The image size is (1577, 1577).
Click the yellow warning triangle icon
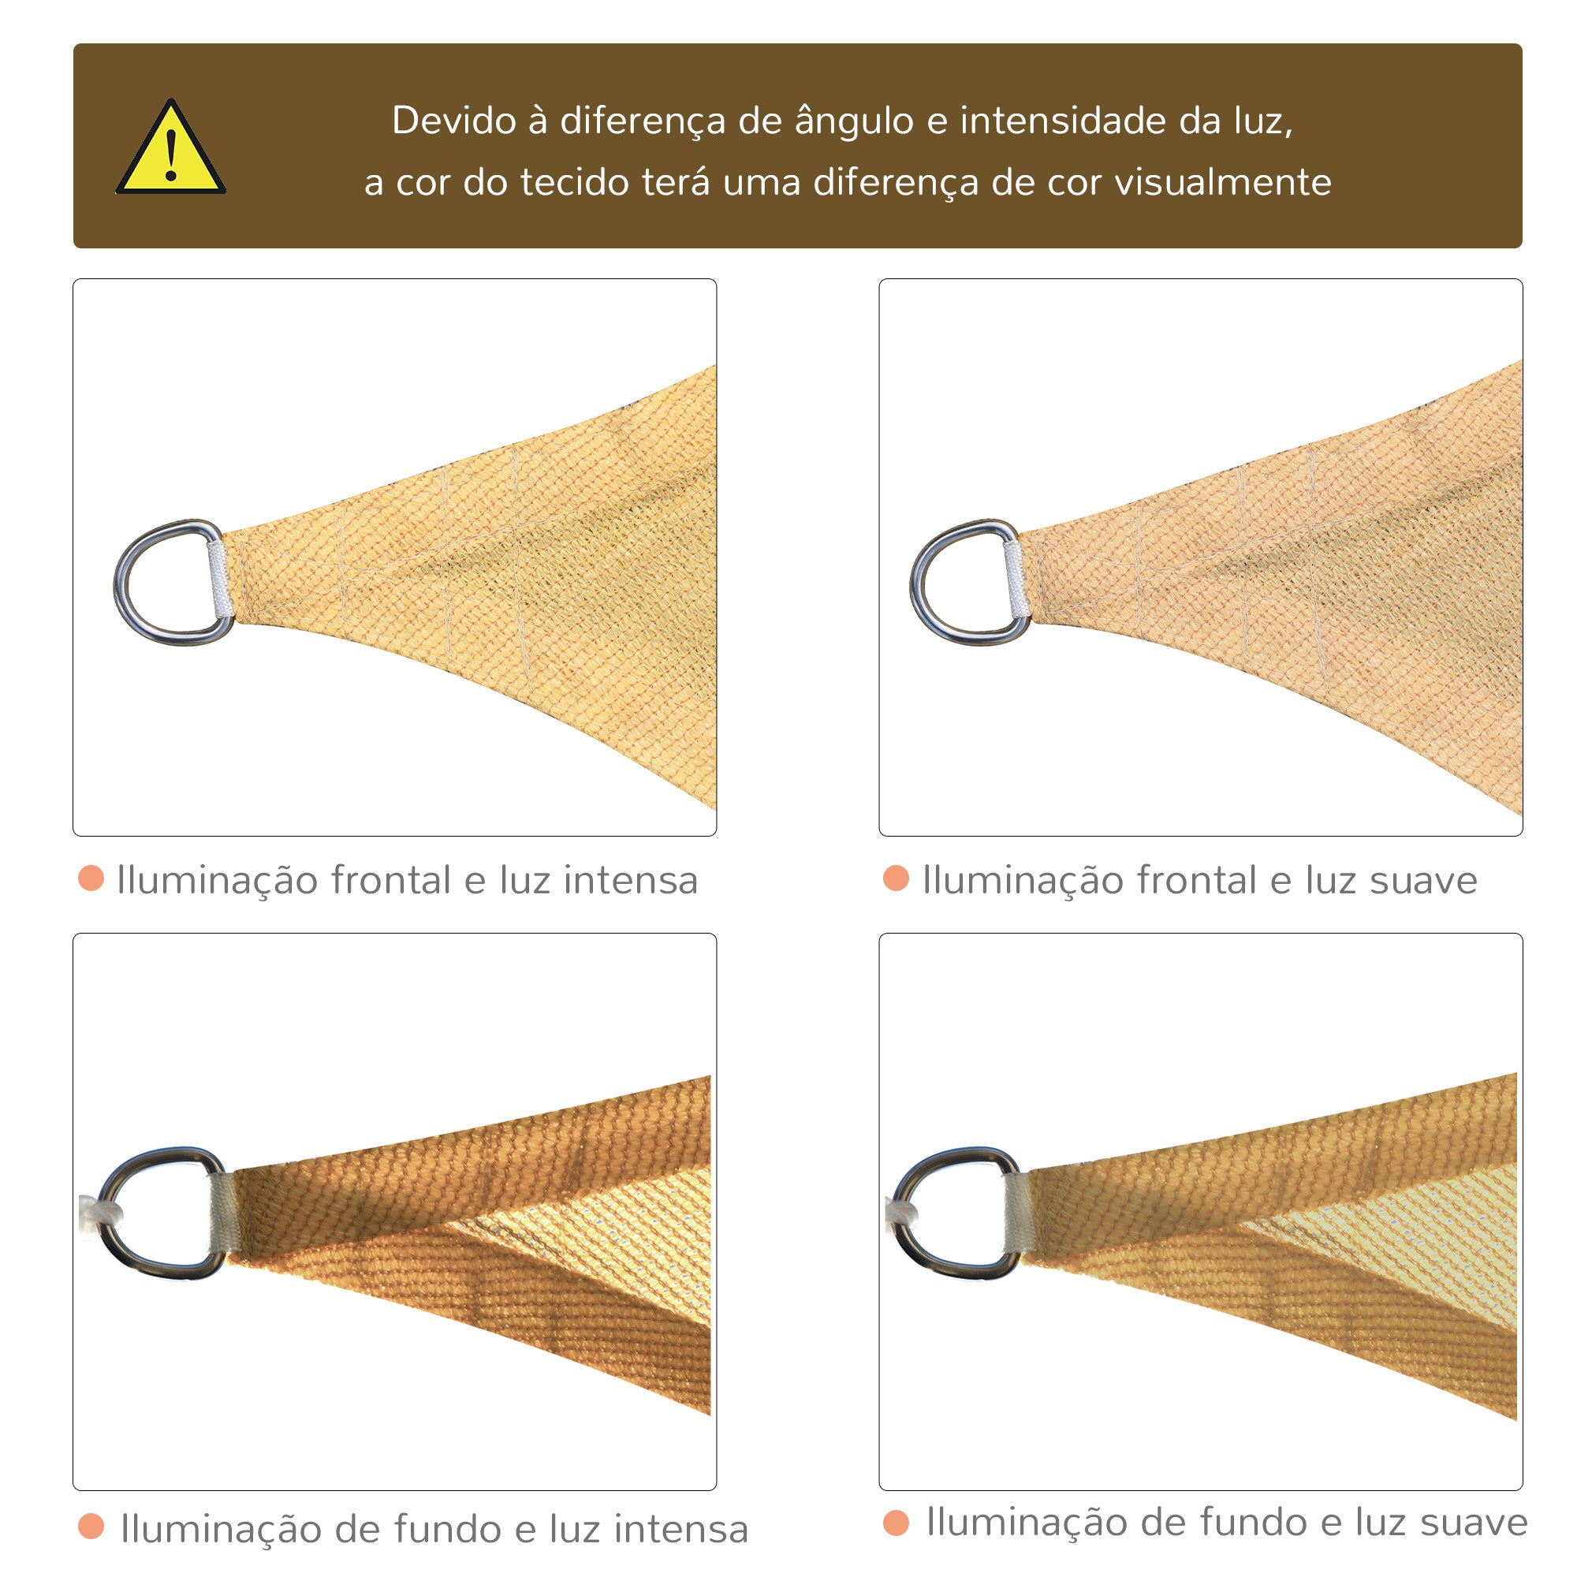[170, 148]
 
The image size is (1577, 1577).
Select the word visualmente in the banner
[1223, 181]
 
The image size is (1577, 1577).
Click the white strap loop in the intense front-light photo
[218, 579]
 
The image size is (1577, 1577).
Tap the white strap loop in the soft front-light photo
[1014, 579]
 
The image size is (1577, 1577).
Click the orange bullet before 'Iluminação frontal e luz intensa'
[91, 878]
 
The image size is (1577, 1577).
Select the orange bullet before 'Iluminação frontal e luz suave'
[897, 878]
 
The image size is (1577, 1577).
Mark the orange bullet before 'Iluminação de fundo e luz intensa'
[91, 1527]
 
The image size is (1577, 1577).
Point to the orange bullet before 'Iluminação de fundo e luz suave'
[897, 1523]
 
